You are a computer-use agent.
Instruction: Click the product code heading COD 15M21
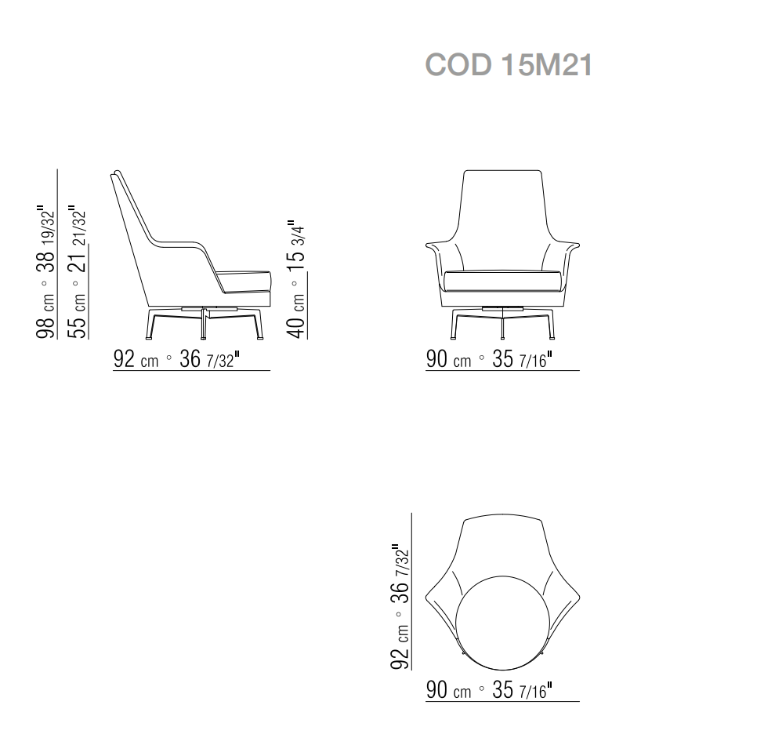509,65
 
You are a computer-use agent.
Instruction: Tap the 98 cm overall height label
45,317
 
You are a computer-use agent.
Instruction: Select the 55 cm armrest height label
78,316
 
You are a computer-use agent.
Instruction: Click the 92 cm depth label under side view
136,359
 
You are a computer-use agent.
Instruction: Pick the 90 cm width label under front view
449,359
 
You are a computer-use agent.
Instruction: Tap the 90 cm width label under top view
449,690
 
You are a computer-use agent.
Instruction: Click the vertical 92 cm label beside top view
400,647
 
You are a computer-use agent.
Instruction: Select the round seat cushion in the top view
502,623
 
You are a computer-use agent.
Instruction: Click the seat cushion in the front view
502,281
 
